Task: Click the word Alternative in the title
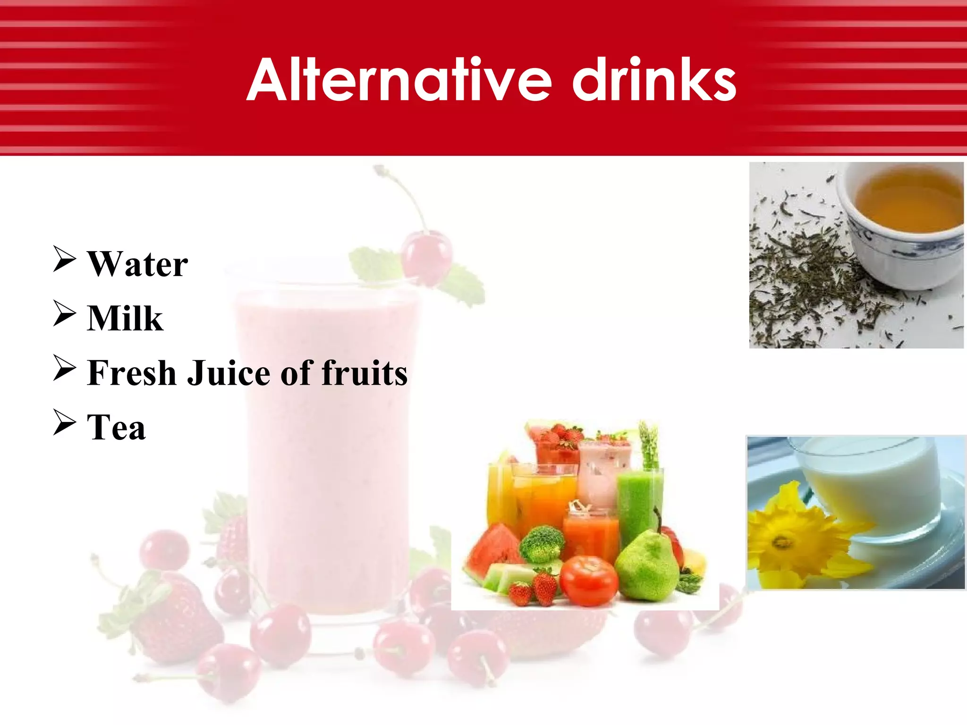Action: point(399,80)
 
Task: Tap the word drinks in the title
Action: point(654,80)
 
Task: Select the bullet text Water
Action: point(138,264)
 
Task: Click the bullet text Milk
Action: point(125,319)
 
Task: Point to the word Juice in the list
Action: point(230,373)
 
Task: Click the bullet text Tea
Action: point(116,428)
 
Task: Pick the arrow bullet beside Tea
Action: point(64,422)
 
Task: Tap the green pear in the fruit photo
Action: point(647,566)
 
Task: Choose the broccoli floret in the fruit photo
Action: point(542,543)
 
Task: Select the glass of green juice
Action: point(640,500)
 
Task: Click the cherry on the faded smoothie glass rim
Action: point(426,255)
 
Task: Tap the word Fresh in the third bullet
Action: point(132,373)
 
